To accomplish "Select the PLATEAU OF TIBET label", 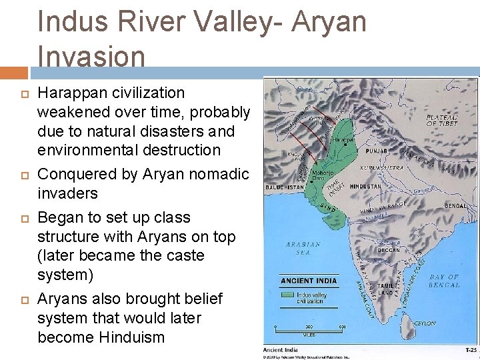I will coord(442,120).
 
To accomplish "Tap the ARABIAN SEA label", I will coord(304,248).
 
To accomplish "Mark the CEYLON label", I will coord(425,323).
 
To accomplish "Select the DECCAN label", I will coord(389,251).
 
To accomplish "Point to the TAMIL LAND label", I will coord(385,289).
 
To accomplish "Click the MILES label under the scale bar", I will coord(309,334).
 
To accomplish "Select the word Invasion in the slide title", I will coord(91,56).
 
